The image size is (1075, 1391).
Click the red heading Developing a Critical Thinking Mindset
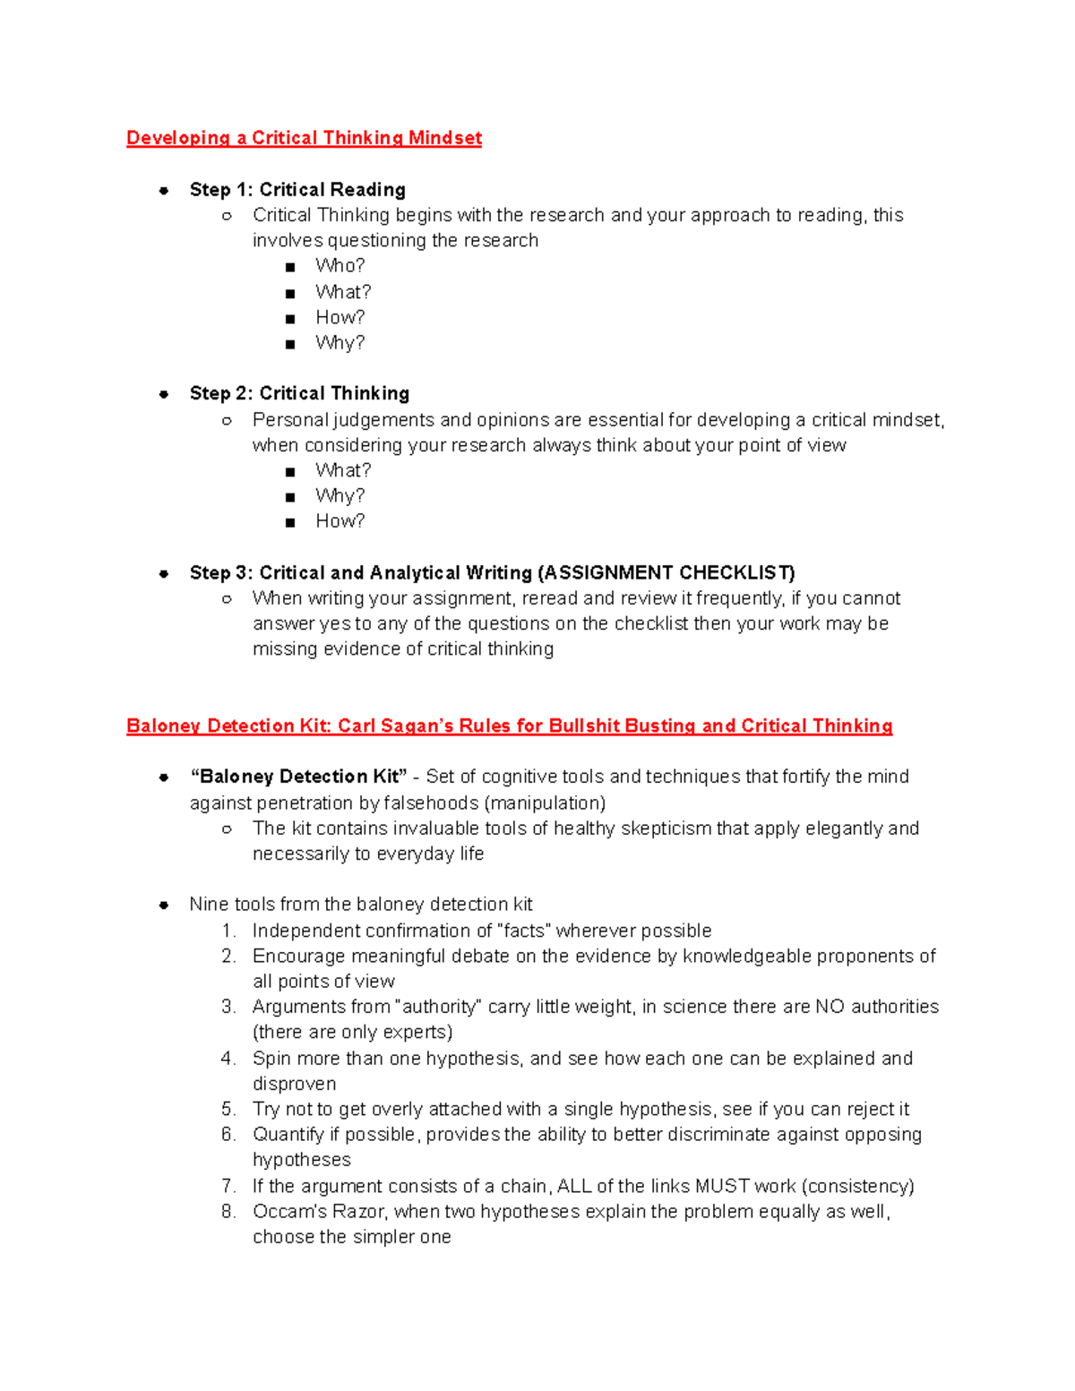point(304,138)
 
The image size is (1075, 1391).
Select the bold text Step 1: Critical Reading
point(297,190)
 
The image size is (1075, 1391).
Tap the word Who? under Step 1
point(340,266)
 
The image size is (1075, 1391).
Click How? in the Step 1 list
point(340,317)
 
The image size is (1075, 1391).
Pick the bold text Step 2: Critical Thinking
point(299,393)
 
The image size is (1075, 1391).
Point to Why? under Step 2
point(340,495)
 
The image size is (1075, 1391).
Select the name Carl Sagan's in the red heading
point(395,726)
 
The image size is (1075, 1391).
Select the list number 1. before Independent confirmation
point(228,931)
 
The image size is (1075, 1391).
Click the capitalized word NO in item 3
point(830,1007)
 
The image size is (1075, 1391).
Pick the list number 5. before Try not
point(228,1109)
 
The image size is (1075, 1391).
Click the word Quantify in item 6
point(288,1135)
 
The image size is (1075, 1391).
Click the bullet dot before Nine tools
point(164,905)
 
